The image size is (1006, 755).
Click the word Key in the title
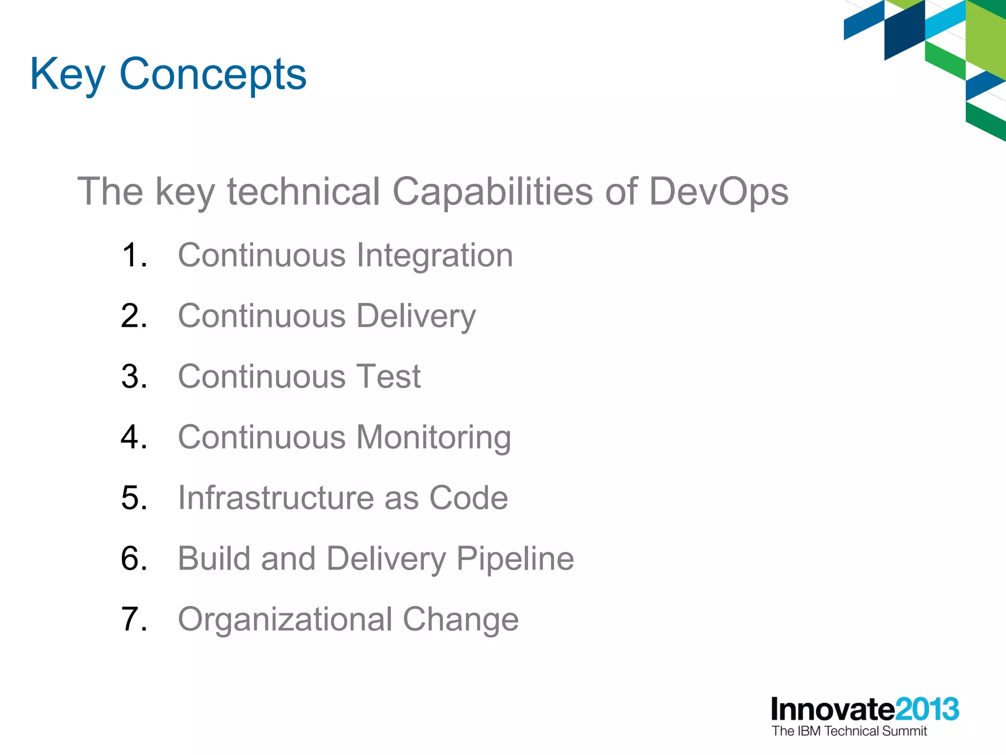click(x=67, y=75)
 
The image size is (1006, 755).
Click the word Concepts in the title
click(x=213, y=75)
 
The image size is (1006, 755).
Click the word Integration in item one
click(x=434, y=256)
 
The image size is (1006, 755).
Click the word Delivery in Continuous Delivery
click(x=416, y=316)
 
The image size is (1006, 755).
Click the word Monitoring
click(x=433, y=437)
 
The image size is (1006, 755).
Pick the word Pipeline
click(x=515, y=559)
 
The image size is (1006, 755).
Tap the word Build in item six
click(x=214, y=558)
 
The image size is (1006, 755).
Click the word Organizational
click(x=285, y=619)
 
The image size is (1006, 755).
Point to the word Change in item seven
click(x=460, y=619)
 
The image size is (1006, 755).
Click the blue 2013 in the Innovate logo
click(x=926, y=709)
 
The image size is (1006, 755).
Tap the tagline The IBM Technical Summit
click(x=849, y=731)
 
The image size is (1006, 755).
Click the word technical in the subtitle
click(x=303, y=192)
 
